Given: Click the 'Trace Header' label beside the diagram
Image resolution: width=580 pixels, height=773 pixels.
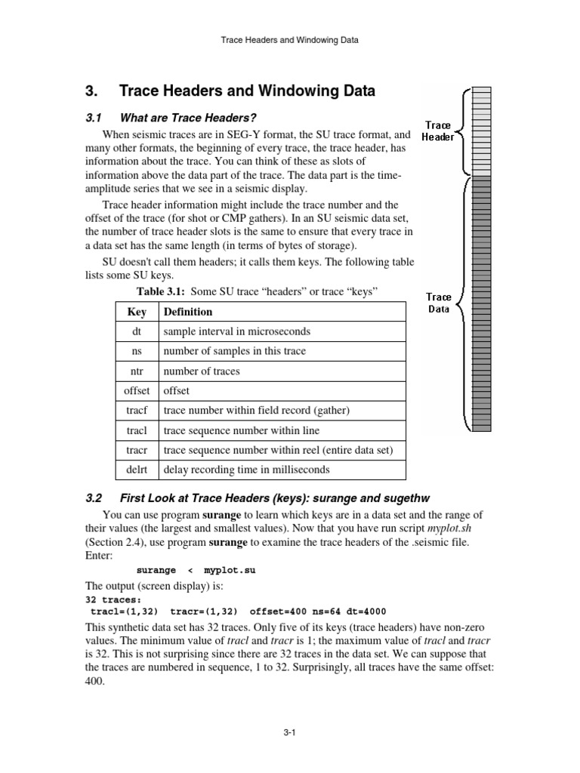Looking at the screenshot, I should (438, 131).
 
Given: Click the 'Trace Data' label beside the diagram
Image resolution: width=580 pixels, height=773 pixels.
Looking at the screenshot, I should (439, 303).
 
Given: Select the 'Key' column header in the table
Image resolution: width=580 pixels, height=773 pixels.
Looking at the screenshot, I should (137, 312).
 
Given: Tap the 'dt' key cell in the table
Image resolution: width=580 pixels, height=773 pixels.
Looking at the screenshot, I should (137, 331).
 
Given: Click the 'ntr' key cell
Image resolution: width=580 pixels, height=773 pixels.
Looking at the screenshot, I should (137, 371).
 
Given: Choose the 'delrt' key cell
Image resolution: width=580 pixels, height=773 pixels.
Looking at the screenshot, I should (137, 470).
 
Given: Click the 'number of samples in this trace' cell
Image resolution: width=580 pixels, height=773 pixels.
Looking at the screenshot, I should (234, 351).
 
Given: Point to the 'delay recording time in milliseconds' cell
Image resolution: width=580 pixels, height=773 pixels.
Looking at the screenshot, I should (246, 470).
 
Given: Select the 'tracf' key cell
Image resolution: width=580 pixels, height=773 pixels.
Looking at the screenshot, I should (137, 411).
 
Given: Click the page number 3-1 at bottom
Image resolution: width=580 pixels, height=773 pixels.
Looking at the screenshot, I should (291, 731).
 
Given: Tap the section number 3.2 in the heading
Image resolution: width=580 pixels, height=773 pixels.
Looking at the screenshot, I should (94, 498).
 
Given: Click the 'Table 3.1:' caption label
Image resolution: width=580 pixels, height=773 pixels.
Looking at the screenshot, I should (160, 291).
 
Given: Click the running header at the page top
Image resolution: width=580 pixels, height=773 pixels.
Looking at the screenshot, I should (291, 40).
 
